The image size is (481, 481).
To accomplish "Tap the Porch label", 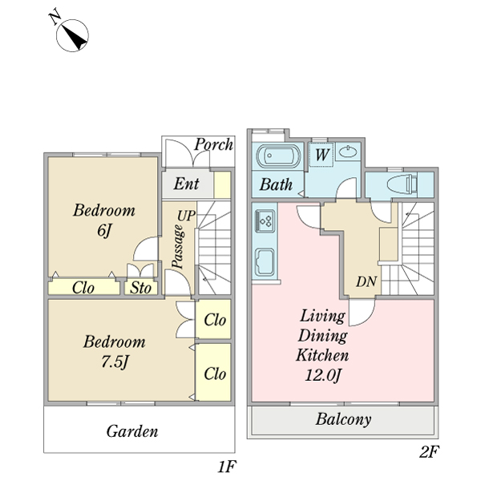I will pyautogui.click(x=214, y=145).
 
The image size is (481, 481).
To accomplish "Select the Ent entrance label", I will pyautogui.click(x=187, y=184).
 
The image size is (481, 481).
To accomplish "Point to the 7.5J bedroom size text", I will pyautogui.click(x=115, y=361).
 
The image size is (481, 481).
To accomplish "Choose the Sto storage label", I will pyautogui.click(x=142, y=287).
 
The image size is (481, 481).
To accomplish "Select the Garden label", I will pyautogui.click(x=132, y=431).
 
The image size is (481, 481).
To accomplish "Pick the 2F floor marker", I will pyautogui.click(x=429, y=451).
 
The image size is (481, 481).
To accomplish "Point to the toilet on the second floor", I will pyautogui.click(x=400, y=183).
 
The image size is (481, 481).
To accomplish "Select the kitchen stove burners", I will pyautogui.click(x=267, y=218).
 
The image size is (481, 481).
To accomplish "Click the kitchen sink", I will pyautogui.click(x=265, y=261).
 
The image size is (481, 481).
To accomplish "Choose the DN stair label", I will pyautogui.click(x=367, y=281).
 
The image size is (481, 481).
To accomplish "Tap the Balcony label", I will pyautogui.click(x=343, y=419).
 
